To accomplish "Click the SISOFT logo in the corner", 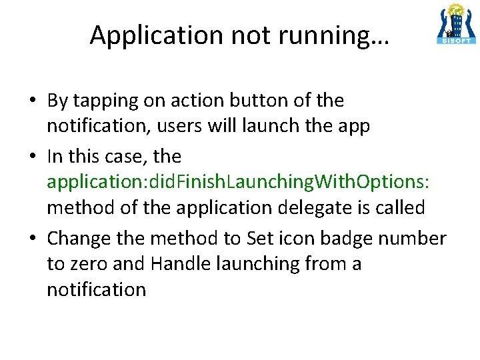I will [457, 24].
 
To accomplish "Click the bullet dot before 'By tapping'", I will [32, 102].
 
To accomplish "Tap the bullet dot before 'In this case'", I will [32, 157].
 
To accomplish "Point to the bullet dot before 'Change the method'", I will [32, 239].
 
